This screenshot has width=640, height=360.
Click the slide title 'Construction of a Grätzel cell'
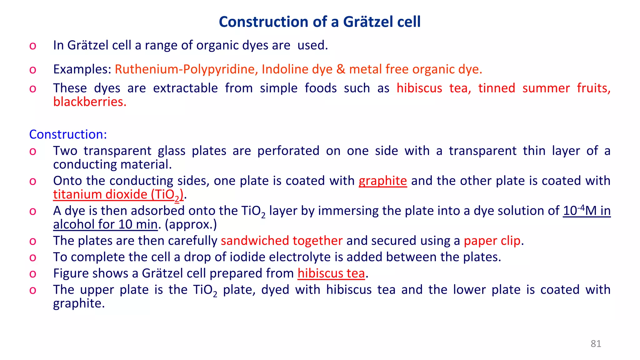click(319, 22)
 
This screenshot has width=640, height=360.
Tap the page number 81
click(596, 344)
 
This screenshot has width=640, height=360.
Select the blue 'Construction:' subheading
click(68, 134)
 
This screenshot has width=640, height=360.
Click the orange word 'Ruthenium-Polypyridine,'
click(186, 69)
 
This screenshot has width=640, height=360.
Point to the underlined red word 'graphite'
click(382, 181)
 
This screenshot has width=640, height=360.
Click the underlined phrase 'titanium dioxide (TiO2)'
click(118, 195)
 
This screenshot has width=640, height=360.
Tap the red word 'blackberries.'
click(90, 102)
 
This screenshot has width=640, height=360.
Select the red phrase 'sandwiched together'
click(282, 241)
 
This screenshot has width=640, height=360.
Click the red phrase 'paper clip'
click(492, 241)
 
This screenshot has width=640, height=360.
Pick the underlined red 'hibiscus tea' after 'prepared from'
click(331, 273)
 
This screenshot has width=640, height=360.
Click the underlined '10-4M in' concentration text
click(587, 211)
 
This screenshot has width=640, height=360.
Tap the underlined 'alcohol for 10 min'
click(105, 225)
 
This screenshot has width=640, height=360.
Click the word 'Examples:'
click(82, 69)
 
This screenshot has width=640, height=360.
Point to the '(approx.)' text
click(191, 225)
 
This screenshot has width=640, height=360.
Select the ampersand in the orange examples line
click(341, 69)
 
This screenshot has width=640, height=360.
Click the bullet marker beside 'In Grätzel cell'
click(33, 46)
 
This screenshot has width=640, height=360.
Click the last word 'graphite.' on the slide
click(79, 303)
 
